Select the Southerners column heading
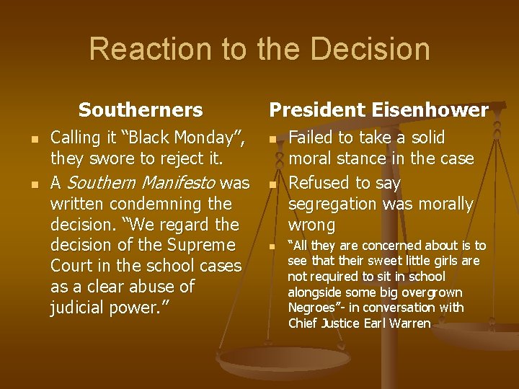[x=141, y=110]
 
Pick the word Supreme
[x=205, y=245]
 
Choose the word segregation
[x=333, y=205]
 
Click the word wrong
[x=311, y=225]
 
